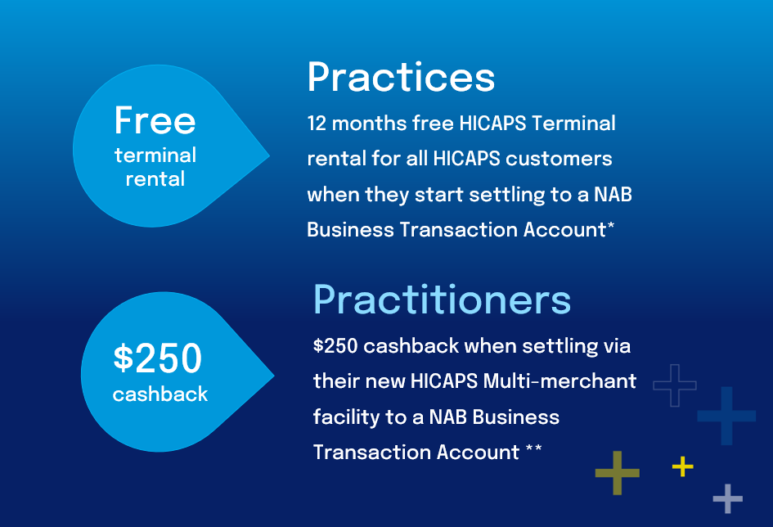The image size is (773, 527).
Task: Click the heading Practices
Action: [x=401, y=77]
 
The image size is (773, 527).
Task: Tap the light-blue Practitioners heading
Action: [x=442, y=300]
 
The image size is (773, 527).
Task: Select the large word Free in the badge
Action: [x=155, y=120]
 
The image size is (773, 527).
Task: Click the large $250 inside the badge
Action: [x=158, y=358]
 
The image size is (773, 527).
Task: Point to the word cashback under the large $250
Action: [x=160, y=394]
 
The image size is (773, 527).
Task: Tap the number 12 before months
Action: [x=317, y=124]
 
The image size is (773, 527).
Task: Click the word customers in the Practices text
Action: [x=559, y=159]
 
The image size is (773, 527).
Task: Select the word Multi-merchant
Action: [x=560, y=381]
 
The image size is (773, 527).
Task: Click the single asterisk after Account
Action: [x=611, y=226]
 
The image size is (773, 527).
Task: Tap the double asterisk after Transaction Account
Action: [x=534, y=448]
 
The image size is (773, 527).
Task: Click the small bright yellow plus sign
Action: [x=683, y=466]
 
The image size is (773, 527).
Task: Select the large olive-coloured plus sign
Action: [x=618, y=473]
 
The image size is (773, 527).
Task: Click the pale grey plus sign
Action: [x=728, y=498]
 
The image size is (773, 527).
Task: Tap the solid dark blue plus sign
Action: [x=726, y=416]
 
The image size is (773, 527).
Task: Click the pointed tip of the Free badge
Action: [x=270, y=155]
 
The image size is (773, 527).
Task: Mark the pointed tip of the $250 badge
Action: [x=274, y=376]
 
